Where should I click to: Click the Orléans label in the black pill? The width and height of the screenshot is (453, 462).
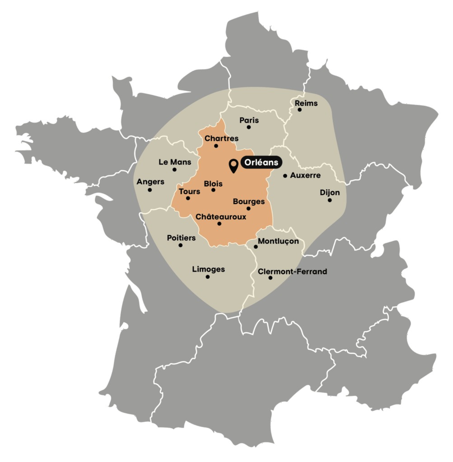click(x=262, y=162)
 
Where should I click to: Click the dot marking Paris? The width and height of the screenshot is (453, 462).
click(x=248, y=127)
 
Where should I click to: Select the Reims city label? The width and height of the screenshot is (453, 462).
click(x=306, y=103)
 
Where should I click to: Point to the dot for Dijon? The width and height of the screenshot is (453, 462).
click(x=330, y=200)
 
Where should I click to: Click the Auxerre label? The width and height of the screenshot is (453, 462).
click(x=305, y=175)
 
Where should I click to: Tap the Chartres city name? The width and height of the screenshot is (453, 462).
click(x=221, y=138)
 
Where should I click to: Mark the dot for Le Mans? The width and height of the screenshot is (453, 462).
click(x=174, y=170)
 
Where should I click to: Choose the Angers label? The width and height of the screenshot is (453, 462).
click(x=150, y=182)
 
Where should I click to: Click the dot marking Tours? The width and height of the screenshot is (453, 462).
click(x=188, y=198)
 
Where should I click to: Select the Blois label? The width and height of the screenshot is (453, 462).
click(x=213, y=184)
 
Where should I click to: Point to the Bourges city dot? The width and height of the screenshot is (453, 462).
click(x=248, y=208)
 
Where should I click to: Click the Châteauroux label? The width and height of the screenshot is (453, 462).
click(x=221, y=217)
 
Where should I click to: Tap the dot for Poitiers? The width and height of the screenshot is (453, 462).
click(x=181, y=245)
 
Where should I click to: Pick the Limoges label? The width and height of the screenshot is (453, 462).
click(x=208, y=269)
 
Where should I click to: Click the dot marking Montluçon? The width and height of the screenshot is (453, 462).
click(x=256, y=247)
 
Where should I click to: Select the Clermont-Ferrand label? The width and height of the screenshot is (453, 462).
click(x=292, y=272)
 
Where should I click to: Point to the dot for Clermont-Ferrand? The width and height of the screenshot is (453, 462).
click(x=270, y=278)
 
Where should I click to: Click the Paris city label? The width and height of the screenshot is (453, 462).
click(x=249, y=120)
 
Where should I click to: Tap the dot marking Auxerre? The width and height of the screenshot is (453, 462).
click(x=285, y=176)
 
